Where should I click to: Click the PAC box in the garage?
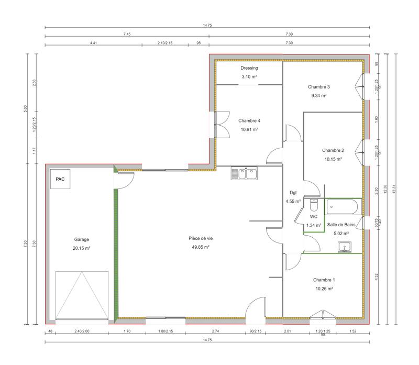[x=60, y=179]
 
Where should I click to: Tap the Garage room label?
[x=82, y=239]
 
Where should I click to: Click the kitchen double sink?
[x=244, y=173]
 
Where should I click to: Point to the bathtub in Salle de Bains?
[x=343, y=207]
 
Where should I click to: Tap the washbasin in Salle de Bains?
[x=345, y=247]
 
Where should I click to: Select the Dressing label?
[x=249, y=68]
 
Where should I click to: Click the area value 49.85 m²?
[x=200, y=247]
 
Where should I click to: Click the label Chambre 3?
[x=319, y=87]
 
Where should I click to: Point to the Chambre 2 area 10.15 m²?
[x=333, y=159]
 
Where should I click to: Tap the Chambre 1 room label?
[x=324, y=280]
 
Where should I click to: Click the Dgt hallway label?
[x=293, y=192]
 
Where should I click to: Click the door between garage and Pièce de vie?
[x=124, y=181]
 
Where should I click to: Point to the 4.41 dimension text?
[x=93, y=43]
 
